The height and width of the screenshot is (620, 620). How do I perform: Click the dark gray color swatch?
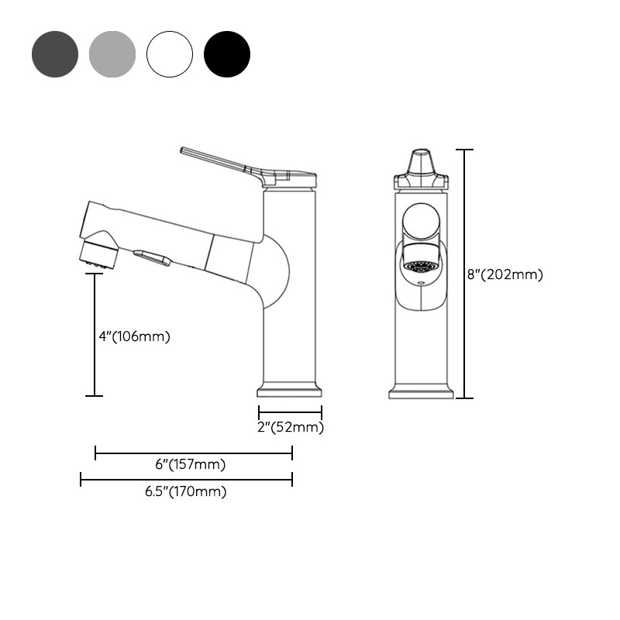(x=55, y=54)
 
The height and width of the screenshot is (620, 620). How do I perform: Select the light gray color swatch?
(x=112, y=54)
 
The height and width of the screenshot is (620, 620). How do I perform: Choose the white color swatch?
(x=170, y=54)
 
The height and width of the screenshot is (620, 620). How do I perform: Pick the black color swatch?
(x=227, y=54)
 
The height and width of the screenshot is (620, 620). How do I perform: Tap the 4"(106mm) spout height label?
(x=134, y=336)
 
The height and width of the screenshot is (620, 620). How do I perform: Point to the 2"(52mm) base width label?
(x=290, y=427)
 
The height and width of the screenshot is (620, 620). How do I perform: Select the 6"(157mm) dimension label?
(x=190, y=464)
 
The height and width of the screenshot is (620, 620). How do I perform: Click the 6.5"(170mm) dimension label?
(x=185, y=491)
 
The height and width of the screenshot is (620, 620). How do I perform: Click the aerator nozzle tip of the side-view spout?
(x=98, y=256)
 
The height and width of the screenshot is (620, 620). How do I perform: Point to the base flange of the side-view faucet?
(x=288, y=388)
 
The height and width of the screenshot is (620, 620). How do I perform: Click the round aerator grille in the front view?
(x=422, y=266)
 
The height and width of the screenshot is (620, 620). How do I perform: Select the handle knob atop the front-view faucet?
(x=421, y=167)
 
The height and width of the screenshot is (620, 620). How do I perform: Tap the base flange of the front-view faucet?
(x=421, y=392)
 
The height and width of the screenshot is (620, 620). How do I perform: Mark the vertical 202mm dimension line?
(x=464, y=274)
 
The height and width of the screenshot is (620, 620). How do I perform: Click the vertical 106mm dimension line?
(x=95, y=333)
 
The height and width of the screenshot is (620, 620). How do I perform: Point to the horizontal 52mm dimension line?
(x=290, y=412)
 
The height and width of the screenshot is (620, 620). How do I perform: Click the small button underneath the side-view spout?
(x=152, y=258)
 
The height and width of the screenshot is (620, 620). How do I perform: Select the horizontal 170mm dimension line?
(x=186, y=480)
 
